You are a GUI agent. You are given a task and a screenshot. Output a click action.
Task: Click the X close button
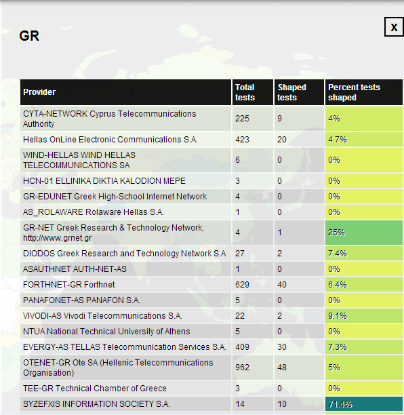pos(394,27)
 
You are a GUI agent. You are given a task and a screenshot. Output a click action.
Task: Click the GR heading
pos(29,36)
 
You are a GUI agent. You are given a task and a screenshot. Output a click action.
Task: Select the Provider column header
pos(39,92)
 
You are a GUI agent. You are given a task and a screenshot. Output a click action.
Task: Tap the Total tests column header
pos(245,92)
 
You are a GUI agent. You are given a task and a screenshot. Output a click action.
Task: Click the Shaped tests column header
pos(291,92)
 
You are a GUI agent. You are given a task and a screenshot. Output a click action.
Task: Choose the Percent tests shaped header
pos(354,92)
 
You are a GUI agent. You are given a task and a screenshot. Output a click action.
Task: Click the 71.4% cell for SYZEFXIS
pos(364,404)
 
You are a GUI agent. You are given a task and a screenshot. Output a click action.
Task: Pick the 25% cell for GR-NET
pos(364,233)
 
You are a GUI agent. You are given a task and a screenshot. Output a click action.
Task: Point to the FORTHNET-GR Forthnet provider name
pos(68,285)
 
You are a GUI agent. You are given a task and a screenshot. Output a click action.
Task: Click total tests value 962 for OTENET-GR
pos(242,368)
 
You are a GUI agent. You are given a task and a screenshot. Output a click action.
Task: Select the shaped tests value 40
pos(282,285)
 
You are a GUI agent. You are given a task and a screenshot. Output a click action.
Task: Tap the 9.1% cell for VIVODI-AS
pos(364,316)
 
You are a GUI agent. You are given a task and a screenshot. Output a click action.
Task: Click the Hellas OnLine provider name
pos(110,140)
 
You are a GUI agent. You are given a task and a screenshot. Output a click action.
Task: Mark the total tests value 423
pos(242,140)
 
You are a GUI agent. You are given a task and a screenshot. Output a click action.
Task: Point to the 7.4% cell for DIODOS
pos(364,254)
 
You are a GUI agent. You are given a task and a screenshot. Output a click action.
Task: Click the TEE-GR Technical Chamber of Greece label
pos(95,389)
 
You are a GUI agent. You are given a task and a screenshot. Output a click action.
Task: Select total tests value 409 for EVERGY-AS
pos(242,347)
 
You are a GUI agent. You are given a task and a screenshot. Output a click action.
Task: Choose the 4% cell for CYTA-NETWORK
pos(364,118)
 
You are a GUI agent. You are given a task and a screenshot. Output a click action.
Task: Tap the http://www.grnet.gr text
pos(58,238)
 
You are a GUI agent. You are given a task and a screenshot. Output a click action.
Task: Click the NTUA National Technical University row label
pos(106,332)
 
